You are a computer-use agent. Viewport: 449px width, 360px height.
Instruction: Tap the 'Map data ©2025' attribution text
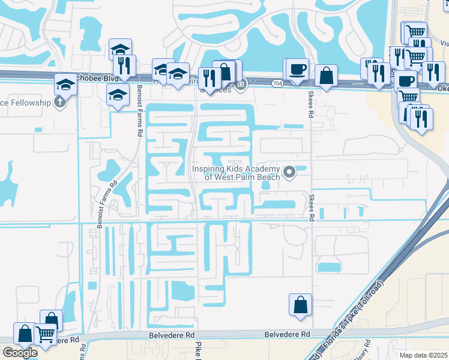(424, 355)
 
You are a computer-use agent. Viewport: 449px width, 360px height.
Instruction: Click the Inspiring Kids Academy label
(236, 173)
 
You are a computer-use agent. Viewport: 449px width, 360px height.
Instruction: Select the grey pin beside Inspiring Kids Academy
(289, 173)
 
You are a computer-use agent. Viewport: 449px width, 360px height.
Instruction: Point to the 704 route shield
(277, 83)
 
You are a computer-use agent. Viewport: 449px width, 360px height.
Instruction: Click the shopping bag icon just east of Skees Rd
(326, 76)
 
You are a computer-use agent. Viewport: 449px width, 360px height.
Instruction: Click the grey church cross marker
(59, 102)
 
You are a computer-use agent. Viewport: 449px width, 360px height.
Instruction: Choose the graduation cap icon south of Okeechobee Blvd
(118, 94)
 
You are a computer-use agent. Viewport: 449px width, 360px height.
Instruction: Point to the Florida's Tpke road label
(349, 326)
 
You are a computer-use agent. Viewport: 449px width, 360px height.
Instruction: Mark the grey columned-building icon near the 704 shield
(240, 85)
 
